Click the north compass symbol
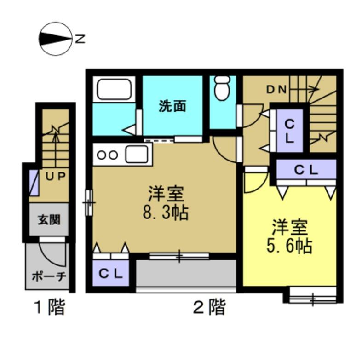point(56,40)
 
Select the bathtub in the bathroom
point(113,89)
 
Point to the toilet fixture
point(222,87)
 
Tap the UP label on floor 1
point(56,176)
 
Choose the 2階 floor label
point(209,307)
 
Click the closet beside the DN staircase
point(289,131)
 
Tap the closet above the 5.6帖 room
point(306,169)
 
